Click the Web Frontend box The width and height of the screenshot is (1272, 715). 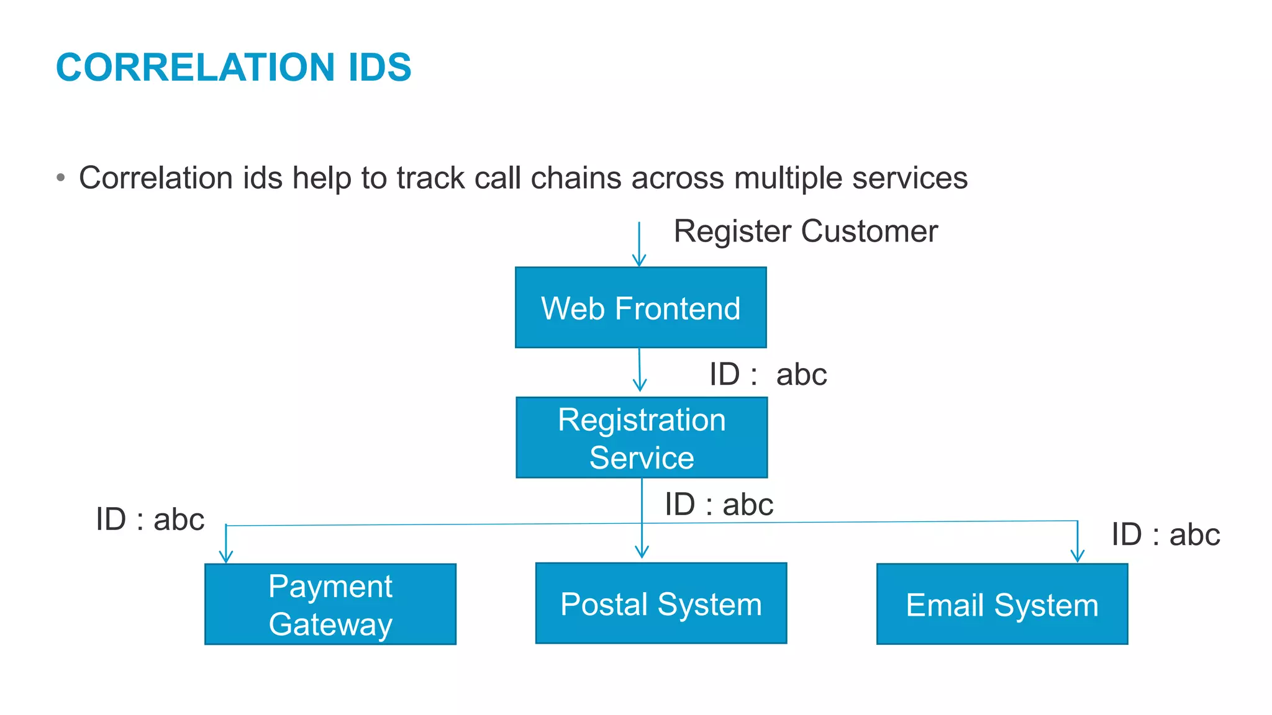pyautogui.click(x=640, y=308)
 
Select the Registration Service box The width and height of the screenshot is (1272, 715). pyautogui.click(x=642, y=438)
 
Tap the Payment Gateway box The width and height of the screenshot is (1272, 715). pyautogui.click(x=330, y=604)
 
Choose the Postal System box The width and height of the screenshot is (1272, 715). pyautogui.click(x=661, y=603)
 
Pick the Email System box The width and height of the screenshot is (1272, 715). pyautogui.click(x=1002, y=604)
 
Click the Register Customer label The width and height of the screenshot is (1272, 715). pyautogui.click(x=806, y=232)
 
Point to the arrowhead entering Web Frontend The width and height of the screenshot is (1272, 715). pyautogui.click(x=639, y=260)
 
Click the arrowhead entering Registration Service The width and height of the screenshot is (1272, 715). pyautogui.click(x=640, y=385)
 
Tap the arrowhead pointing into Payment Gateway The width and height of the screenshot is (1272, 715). pyautogui.click(x=226, y=556)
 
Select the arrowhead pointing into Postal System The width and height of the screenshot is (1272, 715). pyautogui.click(x=642, y=551)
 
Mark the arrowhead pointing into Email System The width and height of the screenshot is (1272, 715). pyautogui.click(x=1078, y=555)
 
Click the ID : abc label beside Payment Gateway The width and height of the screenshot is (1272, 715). pyautogui.click(x=150, y=519)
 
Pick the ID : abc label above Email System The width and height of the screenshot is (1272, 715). pyautogui.click(x=1165, y=534)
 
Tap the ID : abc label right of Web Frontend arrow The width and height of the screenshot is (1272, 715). pyautogui.click(x=768, y=374)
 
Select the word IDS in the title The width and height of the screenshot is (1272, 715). pyautogui.click(x=379, y=67)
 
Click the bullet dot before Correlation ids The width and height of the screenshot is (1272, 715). pyautogui.click(x=60, y=178)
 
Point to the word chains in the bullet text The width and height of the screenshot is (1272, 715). pyautogui.click(x=576, y=178)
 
